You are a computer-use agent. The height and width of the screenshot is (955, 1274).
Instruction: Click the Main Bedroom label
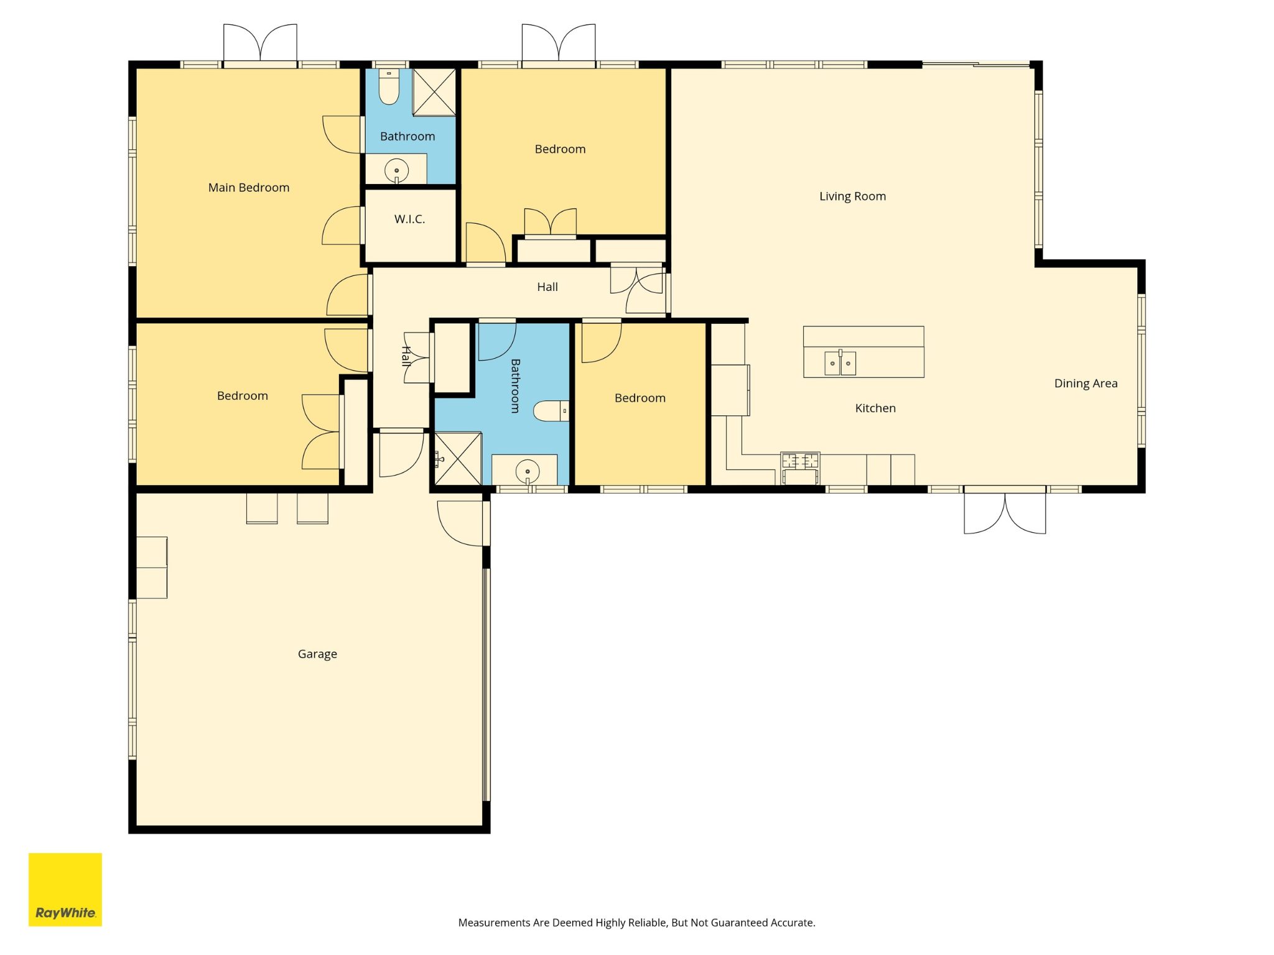click(x=249, y=188)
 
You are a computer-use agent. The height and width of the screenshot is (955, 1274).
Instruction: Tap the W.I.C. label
click(x=409, y=219)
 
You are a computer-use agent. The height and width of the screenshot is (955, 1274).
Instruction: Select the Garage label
click(x=317, y=654)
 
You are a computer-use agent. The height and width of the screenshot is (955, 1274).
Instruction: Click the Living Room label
click(x=852, y=196)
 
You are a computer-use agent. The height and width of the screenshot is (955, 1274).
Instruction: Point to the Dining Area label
click(x=1086, y=384)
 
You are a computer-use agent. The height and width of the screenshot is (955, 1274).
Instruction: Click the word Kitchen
click(x=875, y=408)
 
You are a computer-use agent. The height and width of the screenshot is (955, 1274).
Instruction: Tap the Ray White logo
click(x=65, y=889)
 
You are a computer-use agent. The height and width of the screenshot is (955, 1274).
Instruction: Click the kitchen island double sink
click(x=840, y=362)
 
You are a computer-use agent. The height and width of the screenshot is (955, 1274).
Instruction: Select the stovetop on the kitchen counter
click(x=800, y=461)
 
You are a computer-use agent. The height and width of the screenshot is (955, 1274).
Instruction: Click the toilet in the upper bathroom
click(x=389, y=86)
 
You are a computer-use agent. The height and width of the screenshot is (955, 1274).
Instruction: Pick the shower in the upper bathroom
click(x=434, y=92)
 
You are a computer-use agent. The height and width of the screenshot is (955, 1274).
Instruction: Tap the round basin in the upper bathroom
click(x=396, y=170)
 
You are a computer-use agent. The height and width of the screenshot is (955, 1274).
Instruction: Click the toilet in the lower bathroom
click(x=551, y=411)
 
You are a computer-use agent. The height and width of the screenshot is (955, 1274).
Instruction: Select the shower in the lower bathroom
click(x=458, y=459)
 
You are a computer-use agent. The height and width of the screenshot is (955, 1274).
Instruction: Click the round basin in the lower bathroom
click(x=528, y=471)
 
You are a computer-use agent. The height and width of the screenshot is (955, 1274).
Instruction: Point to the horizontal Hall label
click(x=547, y=287)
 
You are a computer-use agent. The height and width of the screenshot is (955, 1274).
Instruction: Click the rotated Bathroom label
click(x=515, y=386)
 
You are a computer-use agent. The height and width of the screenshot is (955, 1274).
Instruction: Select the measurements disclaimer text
click(x=636, y=923)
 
